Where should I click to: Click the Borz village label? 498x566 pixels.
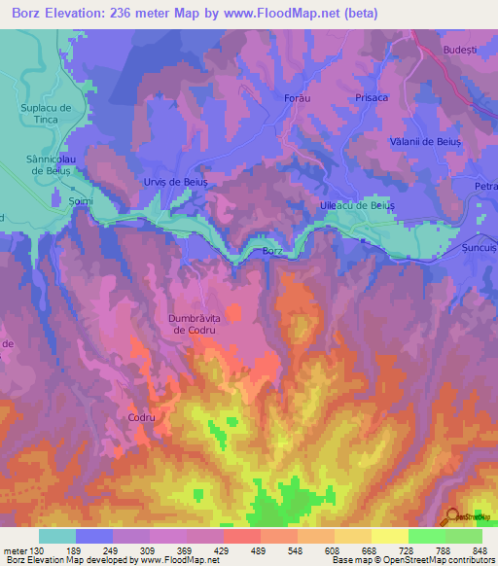(x=272, y=251)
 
